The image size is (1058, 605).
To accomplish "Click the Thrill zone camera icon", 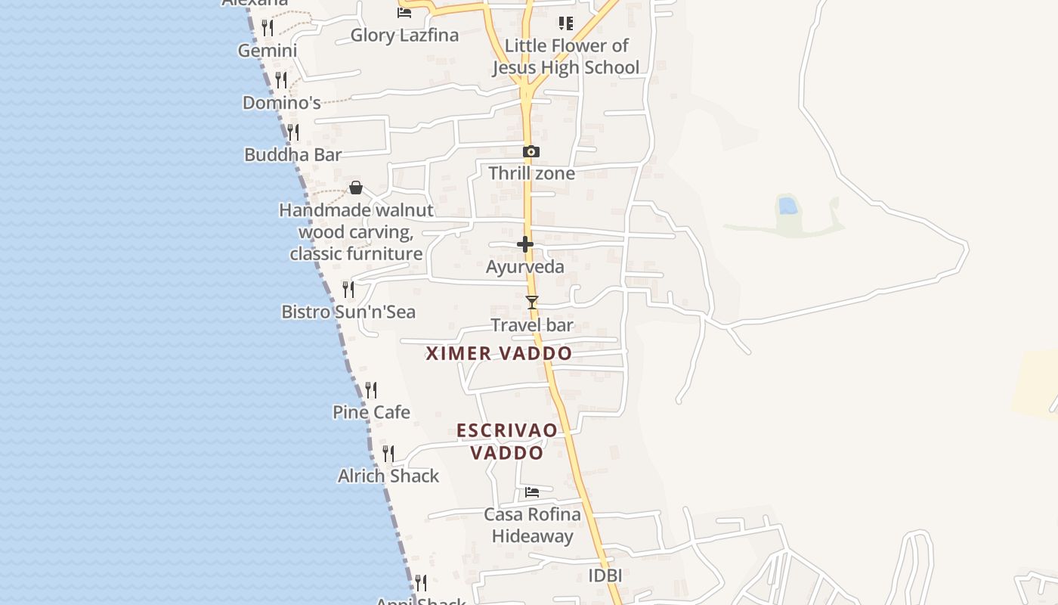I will point(531,151).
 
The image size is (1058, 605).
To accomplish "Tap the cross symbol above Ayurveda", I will point(525,244).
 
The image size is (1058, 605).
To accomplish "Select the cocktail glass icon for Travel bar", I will point(532,302).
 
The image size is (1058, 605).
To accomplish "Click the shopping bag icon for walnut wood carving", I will point(356,188).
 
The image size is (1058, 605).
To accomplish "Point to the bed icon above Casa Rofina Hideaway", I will point(532,492).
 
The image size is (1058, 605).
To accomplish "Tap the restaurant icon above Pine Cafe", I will point(371,390).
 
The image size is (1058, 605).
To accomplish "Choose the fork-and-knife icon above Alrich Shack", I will point(388,454).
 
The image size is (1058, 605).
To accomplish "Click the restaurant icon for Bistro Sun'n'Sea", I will point(348,290).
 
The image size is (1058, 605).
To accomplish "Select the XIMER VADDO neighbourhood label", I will point(499,353).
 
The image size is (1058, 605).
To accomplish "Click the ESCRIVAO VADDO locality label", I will point(507,442).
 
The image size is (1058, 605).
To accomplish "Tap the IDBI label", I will point(605,576).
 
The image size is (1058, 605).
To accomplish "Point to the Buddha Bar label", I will point(293,155).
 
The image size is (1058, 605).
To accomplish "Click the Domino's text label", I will point(282,103).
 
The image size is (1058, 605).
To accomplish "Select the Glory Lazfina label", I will point(404,35).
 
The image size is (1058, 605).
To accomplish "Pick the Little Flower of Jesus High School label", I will point(566,57).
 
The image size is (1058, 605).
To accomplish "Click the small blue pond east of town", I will point(787,205).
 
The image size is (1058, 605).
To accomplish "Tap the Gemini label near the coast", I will point(268,51).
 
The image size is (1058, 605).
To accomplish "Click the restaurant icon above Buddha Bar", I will point(293,132).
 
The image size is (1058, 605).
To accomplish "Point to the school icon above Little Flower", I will point(565,23).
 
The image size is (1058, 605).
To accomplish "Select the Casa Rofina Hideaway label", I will point(533,526).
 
